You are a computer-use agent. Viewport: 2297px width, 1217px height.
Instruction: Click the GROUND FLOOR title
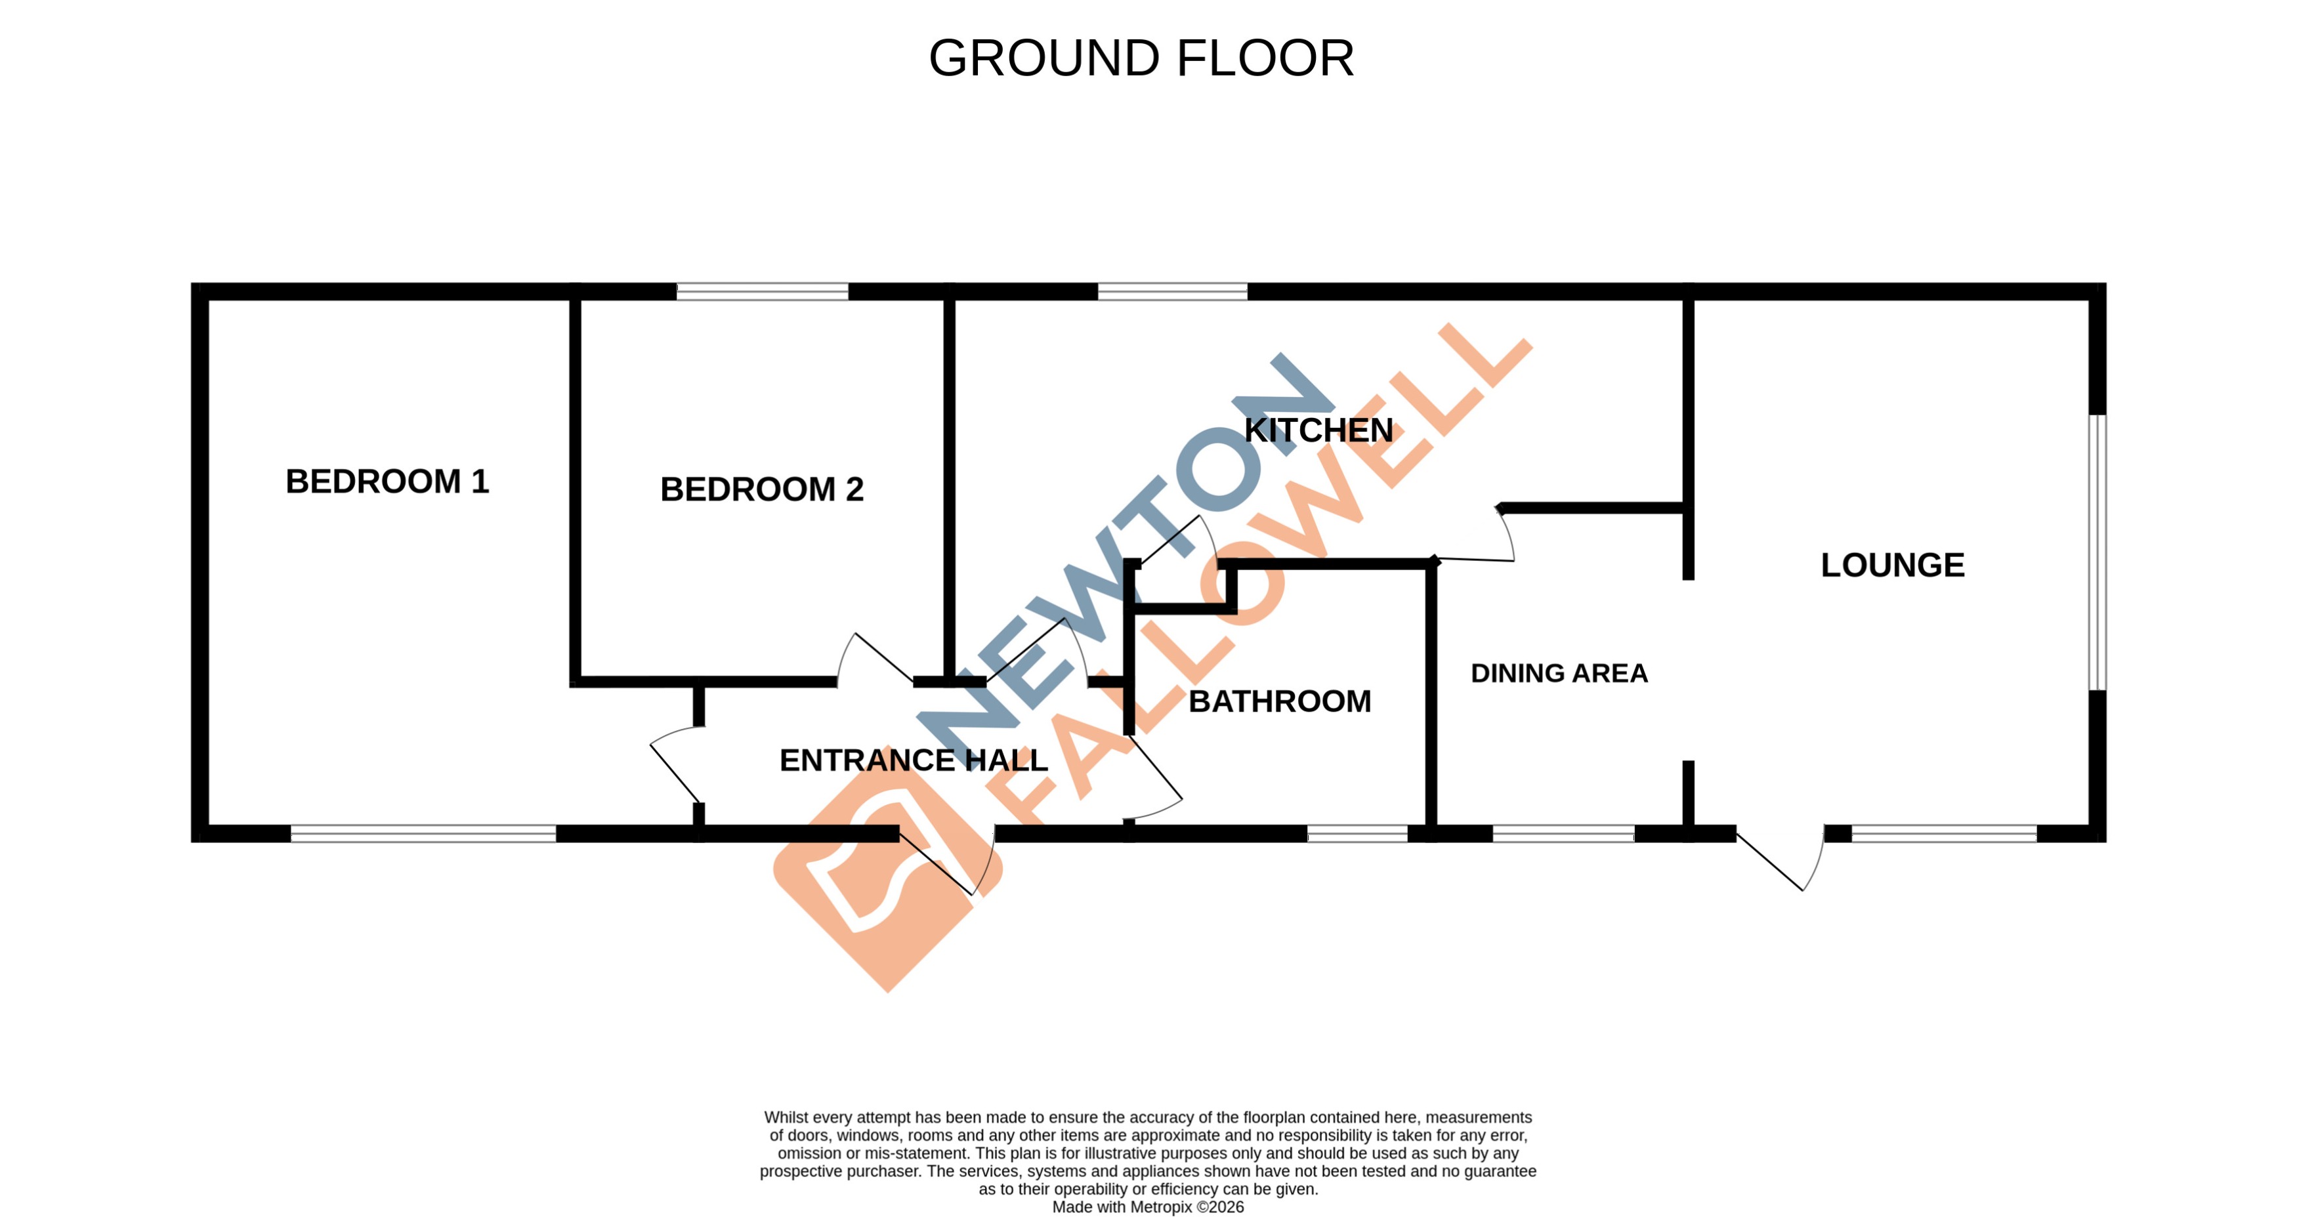1141,59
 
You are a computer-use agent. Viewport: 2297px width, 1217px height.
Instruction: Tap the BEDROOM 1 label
387,482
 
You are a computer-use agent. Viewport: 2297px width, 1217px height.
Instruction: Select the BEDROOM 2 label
761,489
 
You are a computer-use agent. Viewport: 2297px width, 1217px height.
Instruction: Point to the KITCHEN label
1318,430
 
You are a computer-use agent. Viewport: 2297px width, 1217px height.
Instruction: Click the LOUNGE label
1892,566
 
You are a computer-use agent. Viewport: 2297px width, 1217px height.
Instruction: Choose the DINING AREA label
1559,673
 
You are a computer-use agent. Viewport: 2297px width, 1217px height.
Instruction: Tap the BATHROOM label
1280,702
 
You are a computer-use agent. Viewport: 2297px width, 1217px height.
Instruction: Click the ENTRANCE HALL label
913,760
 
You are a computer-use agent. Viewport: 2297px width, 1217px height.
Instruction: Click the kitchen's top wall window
1171,291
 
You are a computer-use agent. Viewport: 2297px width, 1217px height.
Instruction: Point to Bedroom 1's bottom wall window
423,834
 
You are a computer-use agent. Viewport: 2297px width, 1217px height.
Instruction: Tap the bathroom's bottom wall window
1357,834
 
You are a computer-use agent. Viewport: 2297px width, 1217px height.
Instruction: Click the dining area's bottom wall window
1563,834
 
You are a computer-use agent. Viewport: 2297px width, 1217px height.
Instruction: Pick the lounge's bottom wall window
1944,834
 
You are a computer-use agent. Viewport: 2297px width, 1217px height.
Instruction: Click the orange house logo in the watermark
887,878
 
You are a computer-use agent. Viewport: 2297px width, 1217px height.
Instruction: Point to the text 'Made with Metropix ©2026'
1148,1207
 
